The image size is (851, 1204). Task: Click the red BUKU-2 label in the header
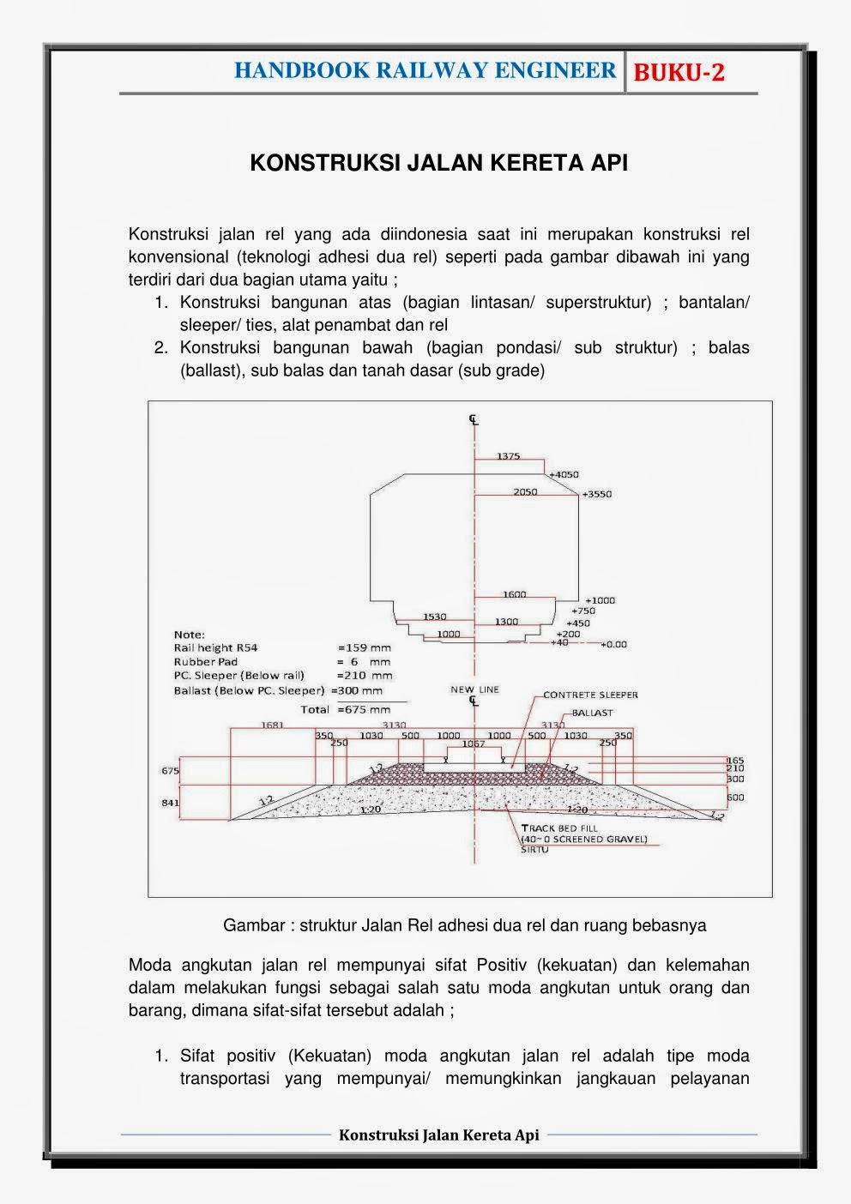pyautogui.click(x=679, y=73)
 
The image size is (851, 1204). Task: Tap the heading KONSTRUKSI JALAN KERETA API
pyautogui.click(x=438, y=163)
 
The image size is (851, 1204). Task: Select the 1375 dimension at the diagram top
pyautogui.click(x=508, y=456)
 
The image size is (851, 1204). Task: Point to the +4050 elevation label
pyautogui.click(x=564, y=474)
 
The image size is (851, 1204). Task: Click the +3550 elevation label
pyautogui.click(x=596, y=494)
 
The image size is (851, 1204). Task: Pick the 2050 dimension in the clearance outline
pyautogui.click(x=525, y=492)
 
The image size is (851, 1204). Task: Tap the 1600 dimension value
pyautogui.click(x=514, y=594)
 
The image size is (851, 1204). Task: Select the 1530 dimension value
pyautogui.click(x=435, y=617)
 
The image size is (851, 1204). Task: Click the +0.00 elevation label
pyautogui.click(x=613, y=644)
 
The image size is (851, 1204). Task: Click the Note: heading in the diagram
pyautogui.click(x=189, y=635)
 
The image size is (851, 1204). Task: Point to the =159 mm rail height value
pyautogui.click(x=365, y=648)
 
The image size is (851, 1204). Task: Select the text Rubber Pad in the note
pyautogui.click(x=205, y=662)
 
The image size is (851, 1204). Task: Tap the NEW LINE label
pyautogui.click(x=474, y=689)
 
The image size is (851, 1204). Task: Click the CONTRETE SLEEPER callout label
pyautogui.click(x=590, y=695)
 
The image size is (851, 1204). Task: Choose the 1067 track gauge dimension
pyautogui.click(x=474, y=744)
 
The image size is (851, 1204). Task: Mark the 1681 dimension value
pyautogui.click(x=272, y=725)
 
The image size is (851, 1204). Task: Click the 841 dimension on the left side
pyautogui.click(x=171, y=804)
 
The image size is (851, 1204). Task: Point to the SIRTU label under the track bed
pyautogui.click(x=534, y=849)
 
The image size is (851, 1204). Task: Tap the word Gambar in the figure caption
pyautogui.click(x=252, y=925)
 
